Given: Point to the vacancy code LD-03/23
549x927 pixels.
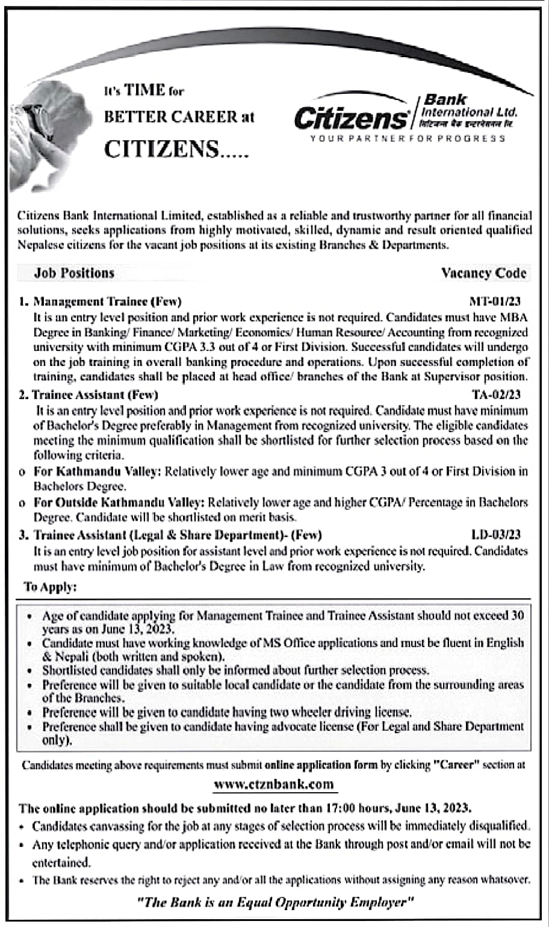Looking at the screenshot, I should (496, 535).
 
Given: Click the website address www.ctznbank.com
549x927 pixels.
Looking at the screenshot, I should (273, 784).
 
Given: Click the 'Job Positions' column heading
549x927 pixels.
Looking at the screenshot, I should (74, 273).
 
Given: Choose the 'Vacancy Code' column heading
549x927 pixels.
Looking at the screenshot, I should (484, 273).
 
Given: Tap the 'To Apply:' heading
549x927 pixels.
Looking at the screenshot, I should (51, 587).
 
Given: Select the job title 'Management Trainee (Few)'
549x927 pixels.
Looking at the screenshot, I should (107, 302).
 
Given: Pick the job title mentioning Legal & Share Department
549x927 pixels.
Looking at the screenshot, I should (178, 535).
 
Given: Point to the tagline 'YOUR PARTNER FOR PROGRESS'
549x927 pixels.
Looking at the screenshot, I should (408, 138).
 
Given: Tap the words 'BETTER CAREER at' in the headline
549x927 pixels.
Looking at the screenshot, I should (179, 117).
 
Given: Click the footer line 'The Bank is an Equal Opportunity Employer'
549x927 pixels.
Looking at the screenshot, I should (274, 902).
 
